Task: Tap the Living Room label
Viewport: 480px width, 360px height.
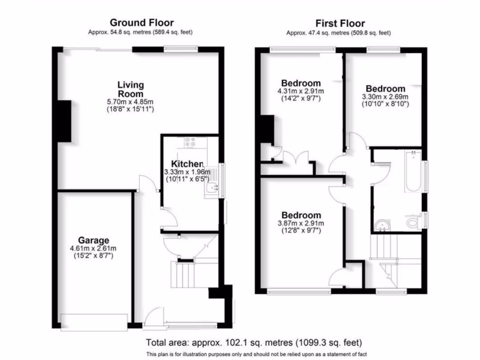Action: (130, 89)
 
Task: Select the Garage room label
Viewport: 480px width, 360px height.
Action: (94, 240)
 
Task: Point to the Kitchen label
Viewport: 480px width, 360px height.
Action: (187, 164)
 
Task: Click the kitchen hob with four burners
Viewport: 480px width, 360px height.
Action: (191, 142)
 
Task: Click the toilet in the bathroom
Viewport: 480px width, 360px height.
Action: (413, 221)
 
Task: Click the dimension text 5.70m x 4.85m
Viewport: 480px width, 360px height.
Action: (130, 101)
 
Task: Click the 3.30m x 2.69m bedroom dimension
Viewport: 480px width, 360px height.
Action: (385, 97)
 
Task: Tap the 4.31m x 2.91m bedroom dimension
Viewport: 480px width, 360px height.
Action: (300, 91)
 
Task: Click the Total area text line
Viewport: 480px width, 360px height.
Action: (254, 343)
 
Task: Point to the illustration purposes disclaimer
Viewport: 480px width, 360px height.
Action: (256, 353)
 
